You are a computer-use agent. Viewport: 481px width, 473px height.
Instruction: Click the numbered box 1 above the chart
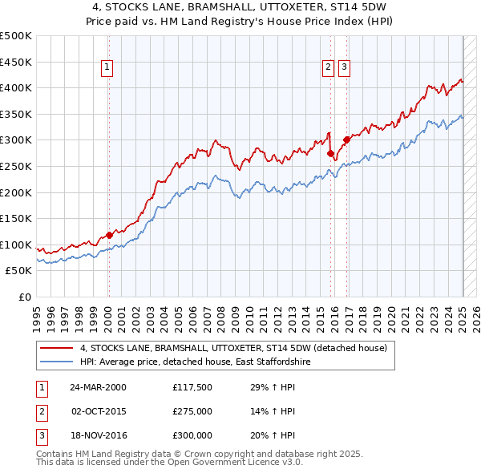click(107, 67)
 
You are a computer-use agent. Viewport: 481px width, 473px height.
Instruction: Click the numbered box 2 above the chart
click(329, 67)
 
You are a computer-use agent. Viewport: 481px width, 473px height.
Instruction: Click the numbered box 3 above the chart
click(344, 67)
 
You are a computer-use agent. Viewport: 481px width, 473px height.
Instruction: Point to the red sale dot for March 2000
click(109, 235)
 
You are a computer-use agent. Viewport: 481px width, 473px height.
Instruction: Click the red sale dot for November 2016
click(346, 139)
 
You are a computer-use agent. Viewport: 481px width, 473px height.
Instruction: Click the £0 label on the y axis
click(25, 297)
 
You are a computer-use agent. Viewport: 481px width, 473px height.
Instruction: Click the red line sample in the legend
click(56, 348)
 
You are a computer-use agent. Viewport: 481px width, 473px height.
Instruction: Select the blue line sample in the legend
click(56, 362)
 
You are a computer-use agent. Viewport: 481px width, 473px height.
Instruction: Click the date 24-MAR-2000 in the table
click(98, 386)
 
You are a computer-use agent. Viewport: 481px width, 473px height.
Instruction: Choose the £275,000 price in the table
click(192, 411)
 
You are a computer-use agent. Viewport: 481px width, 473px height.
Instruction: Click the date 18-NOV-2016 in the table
click(98, 435)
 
